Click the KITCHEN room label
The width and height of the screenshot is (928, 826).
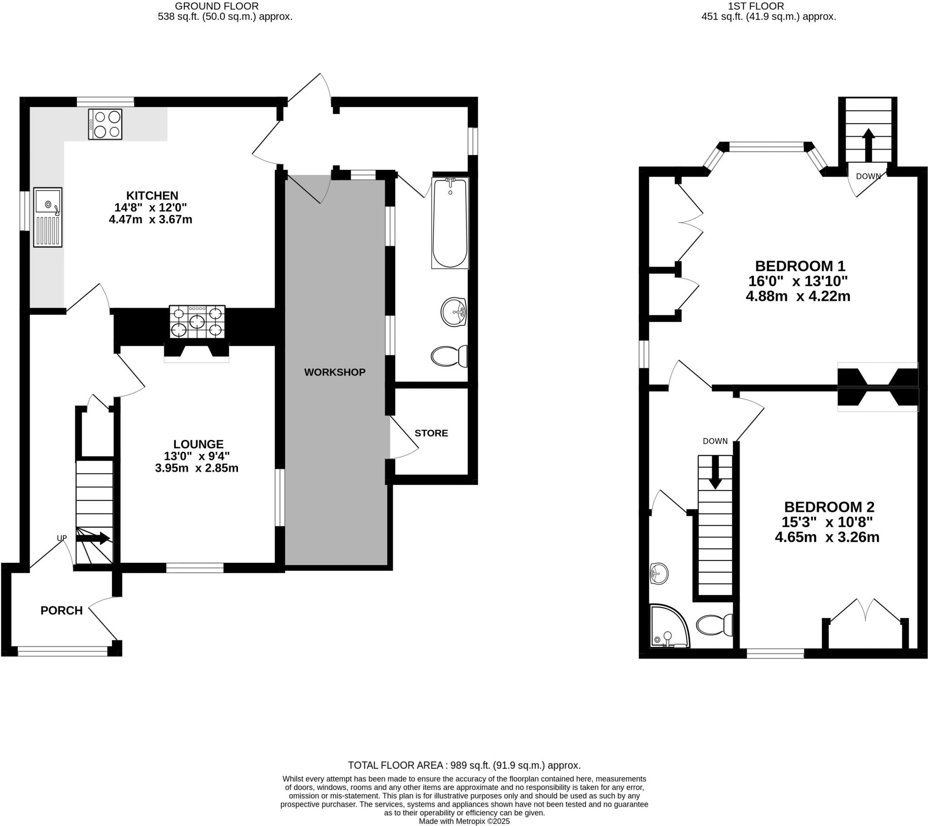[x=152, y=196]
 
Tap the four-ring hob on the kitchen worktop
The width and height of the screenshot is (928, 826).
[x=105, y=124]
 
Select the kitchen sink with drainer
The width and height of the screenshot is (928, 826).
[x=48, y=217]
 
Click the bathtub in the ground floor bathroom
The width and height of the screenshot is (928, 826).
[x=450, y=222]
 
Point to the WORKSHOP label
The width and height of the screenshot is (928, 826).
[x=334, y=372]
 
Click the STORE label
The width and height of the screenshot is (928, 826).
[x=431, y=433]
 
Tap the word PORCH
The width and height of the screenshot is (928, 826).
[x=62, y=611]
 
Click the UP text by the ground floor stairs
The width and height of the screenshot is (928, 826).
[x=62, y=538]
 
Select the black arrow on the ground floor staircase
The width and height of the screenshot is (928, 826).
[x=93, y=539]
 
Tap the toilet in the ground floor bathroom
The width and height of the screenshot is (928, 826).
[x=449, y=357]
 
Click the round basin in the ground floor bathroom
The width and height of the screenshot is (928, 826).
[x=453, y=312]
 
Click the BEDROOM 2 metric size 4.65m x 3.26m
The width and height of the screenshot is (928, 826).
[x=827, y=538]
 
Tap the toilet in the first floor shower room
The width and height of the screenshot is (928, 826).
[x=714, y=625]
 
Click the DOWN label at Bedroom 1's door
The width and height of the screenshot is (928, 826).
[x=868, y=176]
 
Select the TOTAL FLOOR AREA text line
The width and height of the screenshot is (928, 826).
[x=464, y=765]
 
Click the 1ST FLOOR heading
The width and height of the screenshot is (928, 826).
[x=768, y=6]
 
